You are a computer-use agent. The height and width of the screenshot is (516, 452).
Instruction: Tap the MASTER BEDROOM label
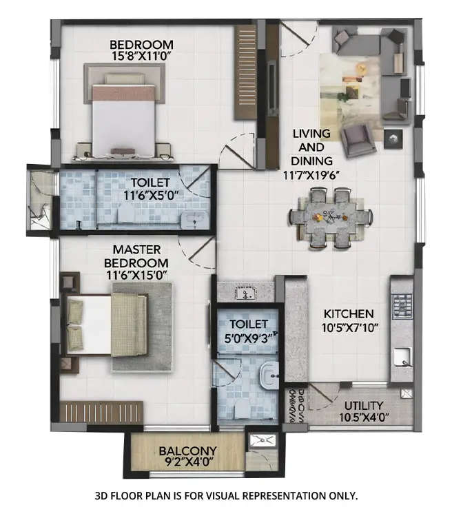pos(136,256)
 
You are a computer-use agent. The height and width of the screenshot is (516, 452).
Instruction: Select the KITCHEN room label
pos(349,313)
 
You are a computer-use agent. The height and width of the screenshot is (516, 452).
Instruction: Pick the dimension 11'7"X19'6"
pos(311,174)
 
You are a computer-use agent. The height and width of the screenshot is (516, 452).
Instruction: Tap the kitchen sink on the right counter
pos(400,358)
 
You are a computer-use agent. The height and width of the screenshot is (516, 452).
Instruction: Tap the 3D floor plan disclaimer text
pos(225,495)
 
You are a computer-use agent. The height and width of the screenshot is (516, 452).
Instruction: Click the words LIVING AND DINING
pos(311,146)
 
